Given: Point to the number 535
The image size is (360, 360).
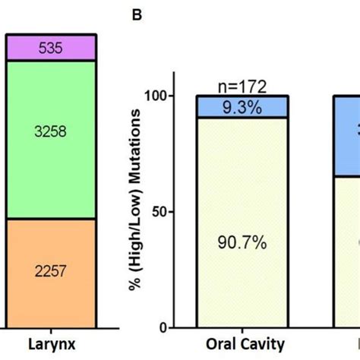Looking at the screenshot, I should click(x=49, y=49).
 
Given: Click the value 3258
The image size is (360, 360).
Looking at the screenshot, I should click(x=49, y=131).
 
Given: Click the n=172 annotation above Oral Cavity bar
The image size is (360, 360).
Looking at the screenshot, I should click(x=242, y=88).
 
